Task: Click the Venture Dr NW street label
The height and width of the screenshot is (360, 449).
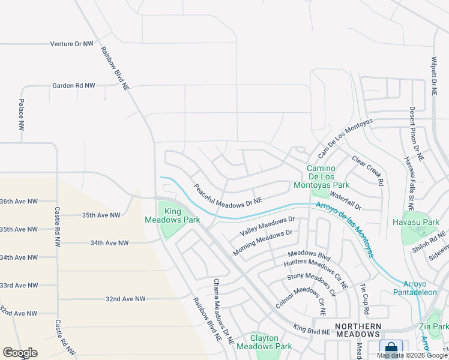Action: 71,44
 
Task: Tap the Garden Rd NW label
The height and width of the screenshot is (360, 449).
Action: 73,86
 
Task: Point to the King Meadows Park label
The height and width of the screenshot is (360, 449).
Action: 173,215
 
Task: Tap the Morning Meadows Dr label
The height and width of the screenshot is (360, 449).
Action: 262,242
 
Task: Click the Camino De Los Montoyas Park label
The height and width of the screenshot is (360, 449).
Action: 328,176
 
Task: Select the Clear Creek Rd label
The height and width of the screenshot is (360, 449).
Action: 367,170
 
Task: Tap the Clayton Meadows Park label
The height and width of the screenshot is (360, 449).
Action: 264,342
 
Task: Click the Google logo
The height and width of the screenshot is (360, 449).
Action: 20,353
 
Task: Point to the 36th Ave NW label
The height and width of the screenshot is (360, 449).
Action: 19,202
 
